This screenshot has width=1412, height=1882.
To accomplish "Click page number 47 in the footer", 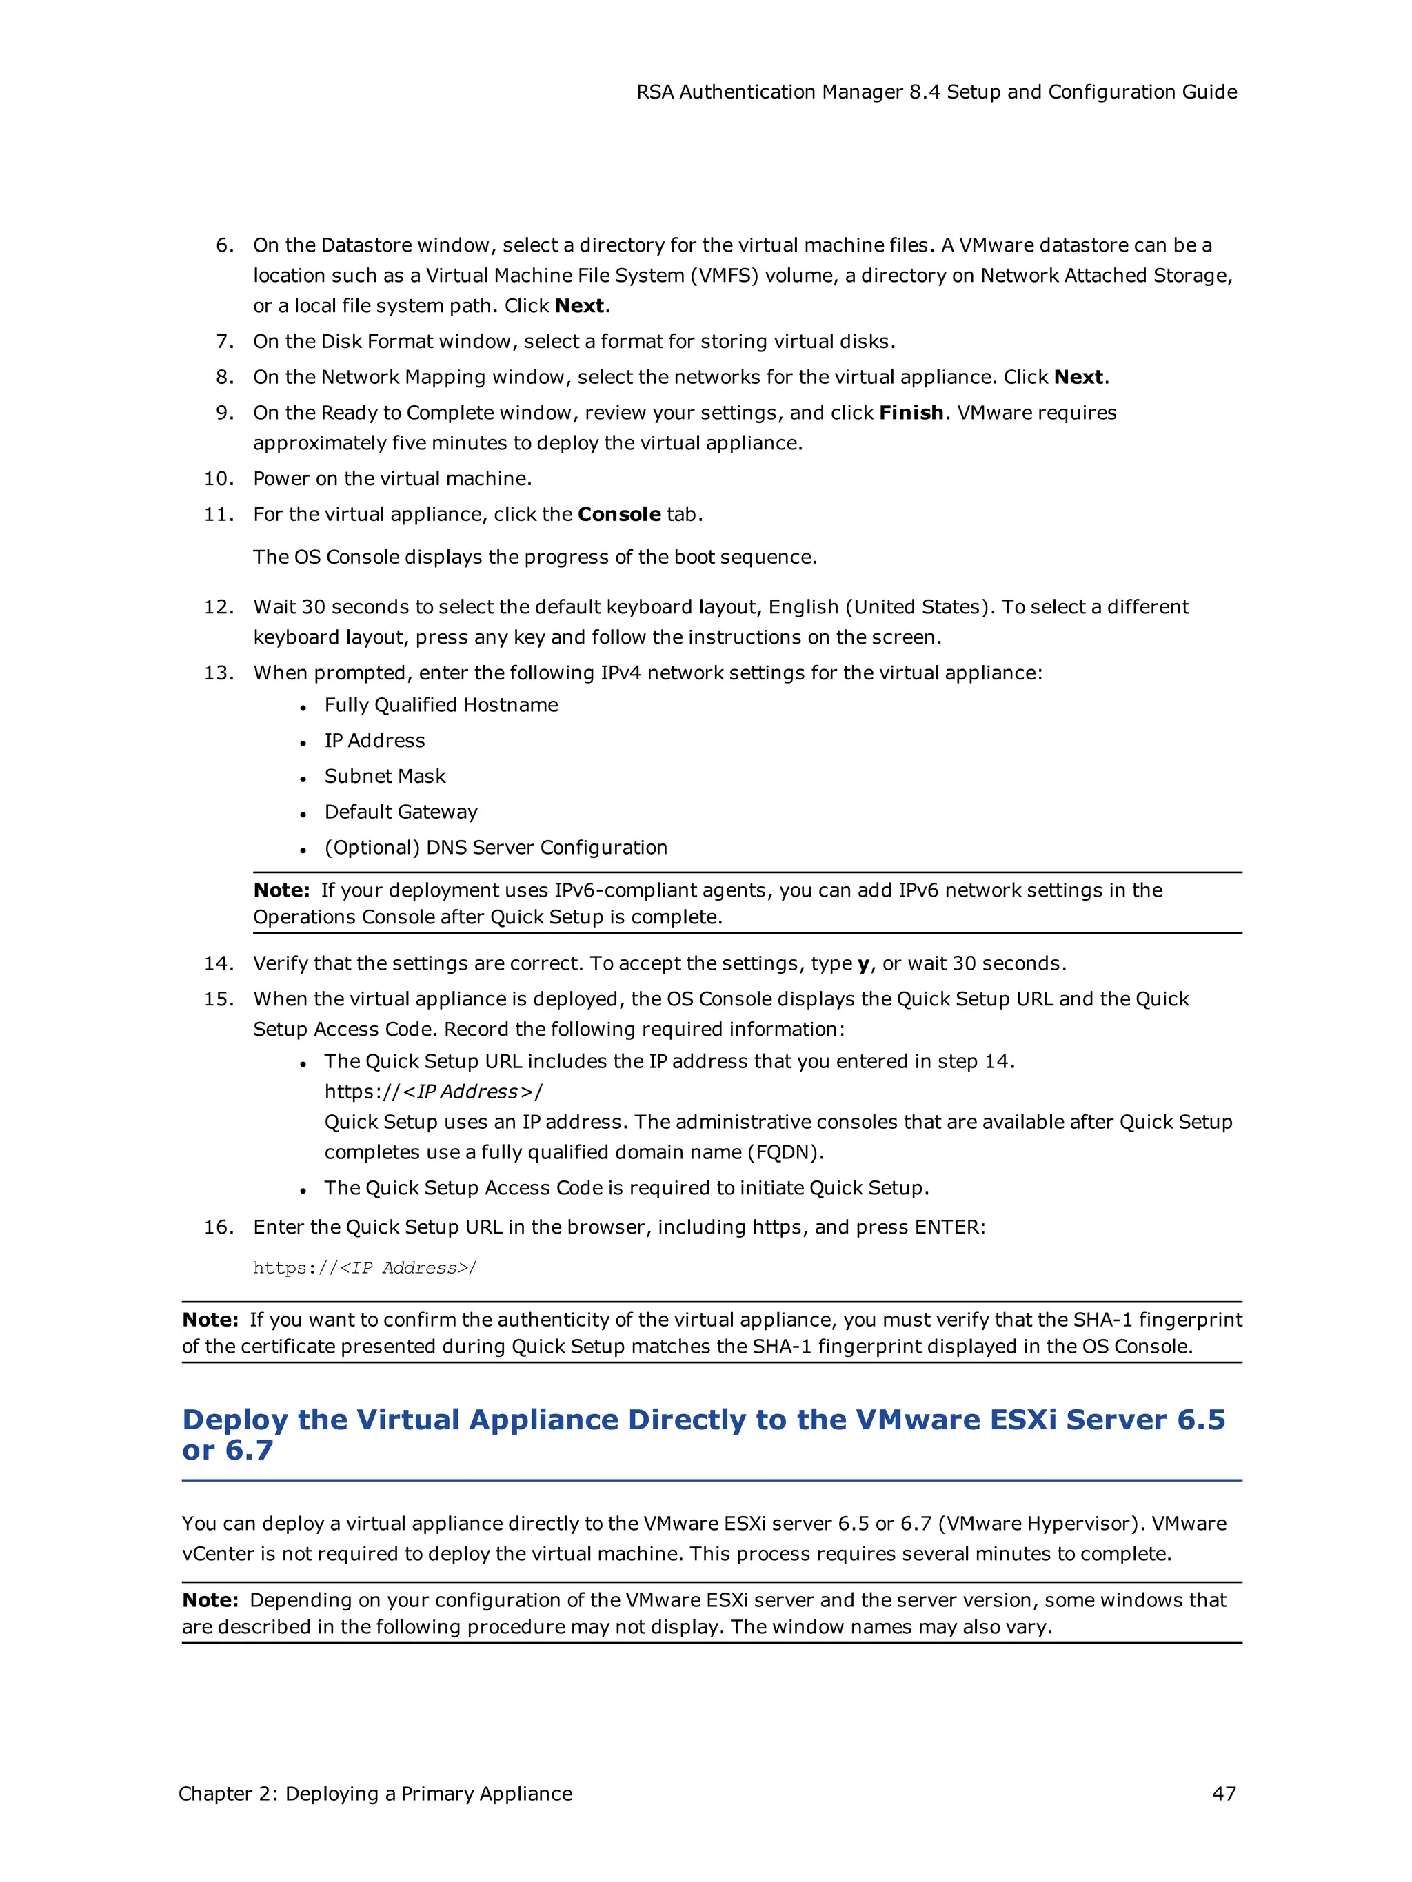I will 1223,1794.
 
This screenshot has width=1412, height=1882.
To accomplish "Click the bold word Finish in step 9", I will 911,413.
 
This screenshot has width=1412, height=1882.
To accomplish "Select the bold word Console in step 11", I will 618,514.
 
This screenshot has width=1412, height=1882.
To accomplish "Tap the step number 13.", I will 219,673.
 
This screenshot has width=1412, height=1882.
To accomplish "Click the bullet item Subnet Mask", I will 385,776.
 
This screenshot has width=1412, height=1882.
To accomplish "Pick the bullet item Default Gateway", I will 401,812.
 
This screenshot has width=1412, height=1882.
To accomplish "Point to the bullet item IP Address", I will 374,740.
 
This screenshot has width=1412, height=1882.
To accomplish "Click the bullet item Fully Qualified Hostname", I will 441,704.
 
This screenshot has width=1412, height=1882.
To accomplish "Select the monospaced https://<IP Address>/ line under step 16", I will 364,1268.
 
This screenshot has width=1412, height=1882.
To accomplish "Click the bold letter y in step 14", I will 863,964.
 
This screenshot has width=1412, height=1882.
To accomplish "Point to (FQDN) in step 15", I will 785,1152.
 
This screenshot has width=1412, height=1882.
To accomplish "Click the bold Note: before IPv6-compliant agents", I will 282,890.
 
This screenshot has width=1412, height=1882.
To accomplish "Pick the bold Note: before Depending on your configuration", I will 210,1599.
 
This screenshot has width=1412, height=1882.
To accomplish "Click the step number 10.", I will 219,478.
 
